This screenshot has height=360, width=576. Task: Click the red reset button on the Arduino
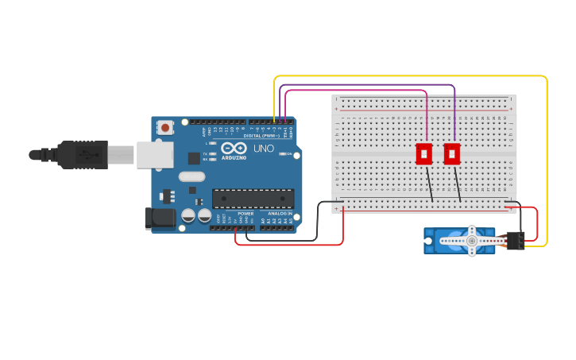(164, 127)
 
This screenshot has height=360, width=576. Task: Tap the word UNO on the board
(263, 149)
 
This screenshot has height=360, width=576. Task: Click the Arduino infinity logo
(234, 148)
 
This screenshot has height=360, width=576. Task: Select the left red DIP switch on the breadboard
(424, 153)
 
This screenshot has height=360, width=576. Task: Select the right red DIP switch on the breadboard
(452, 153)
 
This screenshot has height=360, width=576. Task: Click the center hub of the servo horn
(471, 240)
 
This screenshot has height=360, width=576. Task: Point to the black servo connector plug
(515, 240)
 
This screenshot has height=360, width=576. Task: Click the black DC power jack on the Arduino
(160, 218)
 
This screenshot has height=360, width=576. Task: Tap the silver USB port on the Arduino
(153, 155)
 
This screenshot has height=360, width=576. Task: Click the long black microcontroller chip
(253, 199)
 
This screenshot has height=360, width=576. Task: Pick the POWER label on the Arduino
(245, 214)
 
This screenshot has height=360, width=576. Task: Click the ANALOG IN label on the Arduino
(278, 214)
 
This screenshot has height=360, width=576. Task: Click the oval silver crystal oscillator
(191, 176)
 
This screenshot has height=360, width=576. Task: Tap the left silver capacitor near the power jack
(188, 215)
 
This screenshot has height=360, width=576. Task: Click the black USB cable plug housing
(82, 154)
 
